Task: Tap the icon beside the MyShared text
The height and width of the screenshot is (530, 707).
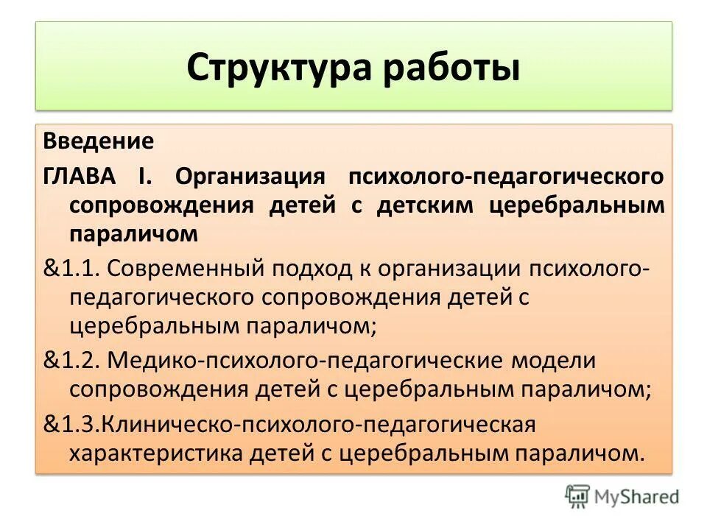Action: click(578, 497)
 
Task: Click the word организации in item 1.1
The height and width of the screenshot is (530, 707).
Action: click(451, 269)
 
